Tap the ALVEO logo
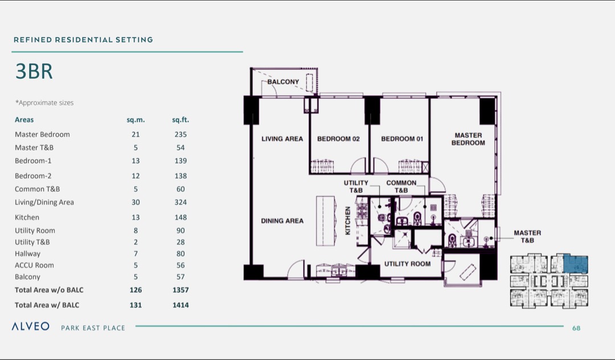click(31, 327)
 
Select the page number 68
click(576, 328)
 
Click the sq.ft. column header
click(181, 120)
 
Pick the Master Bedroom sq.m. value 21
click(136, 135)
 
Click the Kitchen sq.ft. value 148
click(181, 218)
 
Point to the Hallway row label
click(27, 254)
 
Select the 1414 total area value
click(181, 305)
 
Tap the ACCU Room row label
click(34, 265)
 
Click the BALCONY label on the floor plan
click(283, 82)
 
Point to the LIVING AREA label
click(282, 139)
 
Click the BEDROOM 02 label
click(338, 139)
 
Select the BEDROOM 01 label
click(401, 139)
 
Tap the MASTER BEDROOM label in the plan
click(468, 139)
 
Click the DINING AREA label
click(282, 221)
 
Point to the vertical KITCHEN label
click(348, 221)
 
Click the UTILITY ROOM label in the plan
click(407, 264)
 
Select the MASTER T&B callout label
click(527, 236)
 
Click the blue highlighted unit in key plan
click(575, 264)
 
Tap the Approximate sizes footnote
click(44, 103)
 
